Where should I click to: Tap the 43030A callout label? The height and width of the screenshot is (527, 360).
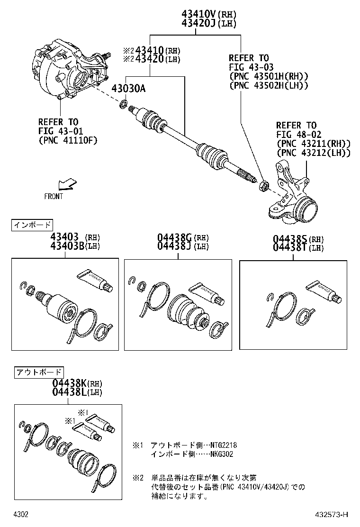(x=128, y=88)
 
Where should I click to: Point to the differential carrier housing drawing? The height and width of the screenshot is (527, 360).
(x=66, y=71)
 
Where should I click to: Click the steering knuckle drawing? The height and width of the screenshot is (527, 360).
(x=294, y=194)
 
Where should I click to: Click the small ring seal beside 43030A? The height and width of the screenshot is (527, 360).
(x=124, y=104)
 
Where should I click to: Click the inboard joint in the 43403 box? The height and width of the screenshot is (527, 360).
(x=61, y=306)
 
